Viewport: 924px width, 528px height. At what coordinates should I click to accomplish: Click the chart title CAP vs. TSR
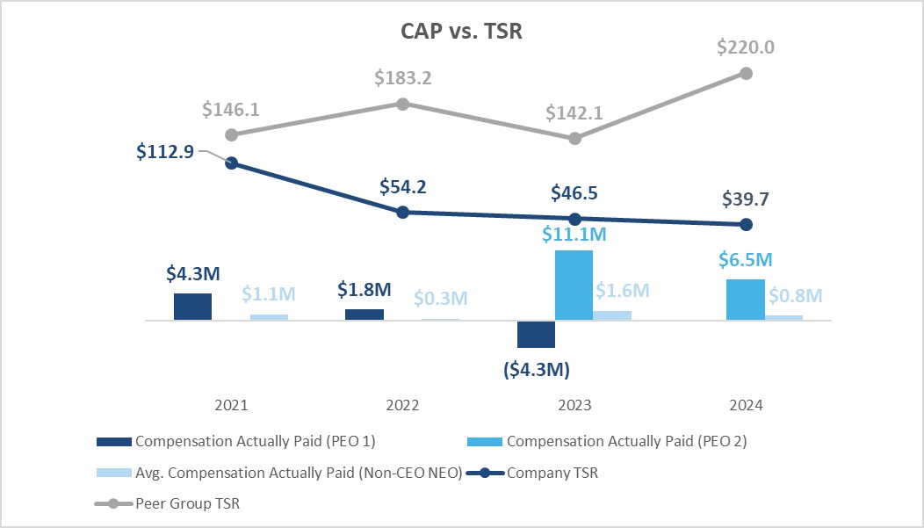coord(461,30)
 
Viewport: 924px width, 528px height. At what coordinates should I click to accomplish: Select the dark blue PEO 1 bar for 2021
coord(192,307)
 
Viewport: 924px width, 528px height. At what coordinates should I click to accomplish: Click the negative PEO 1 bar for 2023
coord(536,335)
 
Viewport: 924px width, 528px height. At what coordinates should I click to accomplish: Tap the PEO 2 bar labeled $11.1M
coord(574,286)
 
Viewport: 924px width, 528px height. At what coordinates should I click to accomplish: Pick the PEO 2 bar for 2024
coord(745,300)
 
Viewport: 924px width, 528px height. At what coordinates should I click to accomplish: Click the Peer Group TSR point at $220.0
coord(746,73)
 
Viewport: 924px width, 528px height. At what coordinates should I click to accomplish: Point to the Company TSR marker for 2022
coord(402,212)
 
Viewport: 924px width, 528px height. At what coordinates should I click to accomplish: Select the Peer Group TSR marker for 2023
coord(574,138)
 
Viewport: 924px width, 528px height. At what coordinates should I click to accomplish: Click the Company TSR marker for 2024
coord(746,224)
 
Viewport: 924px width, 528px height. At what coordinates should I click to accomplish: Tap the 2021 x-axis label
coord(231,406)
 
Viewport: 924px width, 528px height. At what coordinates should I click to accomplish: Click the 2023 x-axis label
coord(574,406)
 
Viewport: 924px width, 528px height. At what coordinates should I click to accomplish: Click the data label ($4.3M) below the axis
coord(536,369)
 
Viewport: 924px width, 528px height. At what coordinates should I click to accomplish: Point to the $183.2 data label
coord(402,78)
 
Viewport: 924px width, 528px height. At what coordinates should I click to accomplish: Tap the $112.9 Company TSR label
coord(165,150)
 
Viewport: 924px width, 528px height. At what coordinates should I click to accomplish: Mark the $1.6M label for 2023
coord(622,290)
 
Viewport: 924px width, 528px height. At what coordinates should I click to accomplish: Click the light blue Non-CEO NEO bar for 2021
coord(269,316)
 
